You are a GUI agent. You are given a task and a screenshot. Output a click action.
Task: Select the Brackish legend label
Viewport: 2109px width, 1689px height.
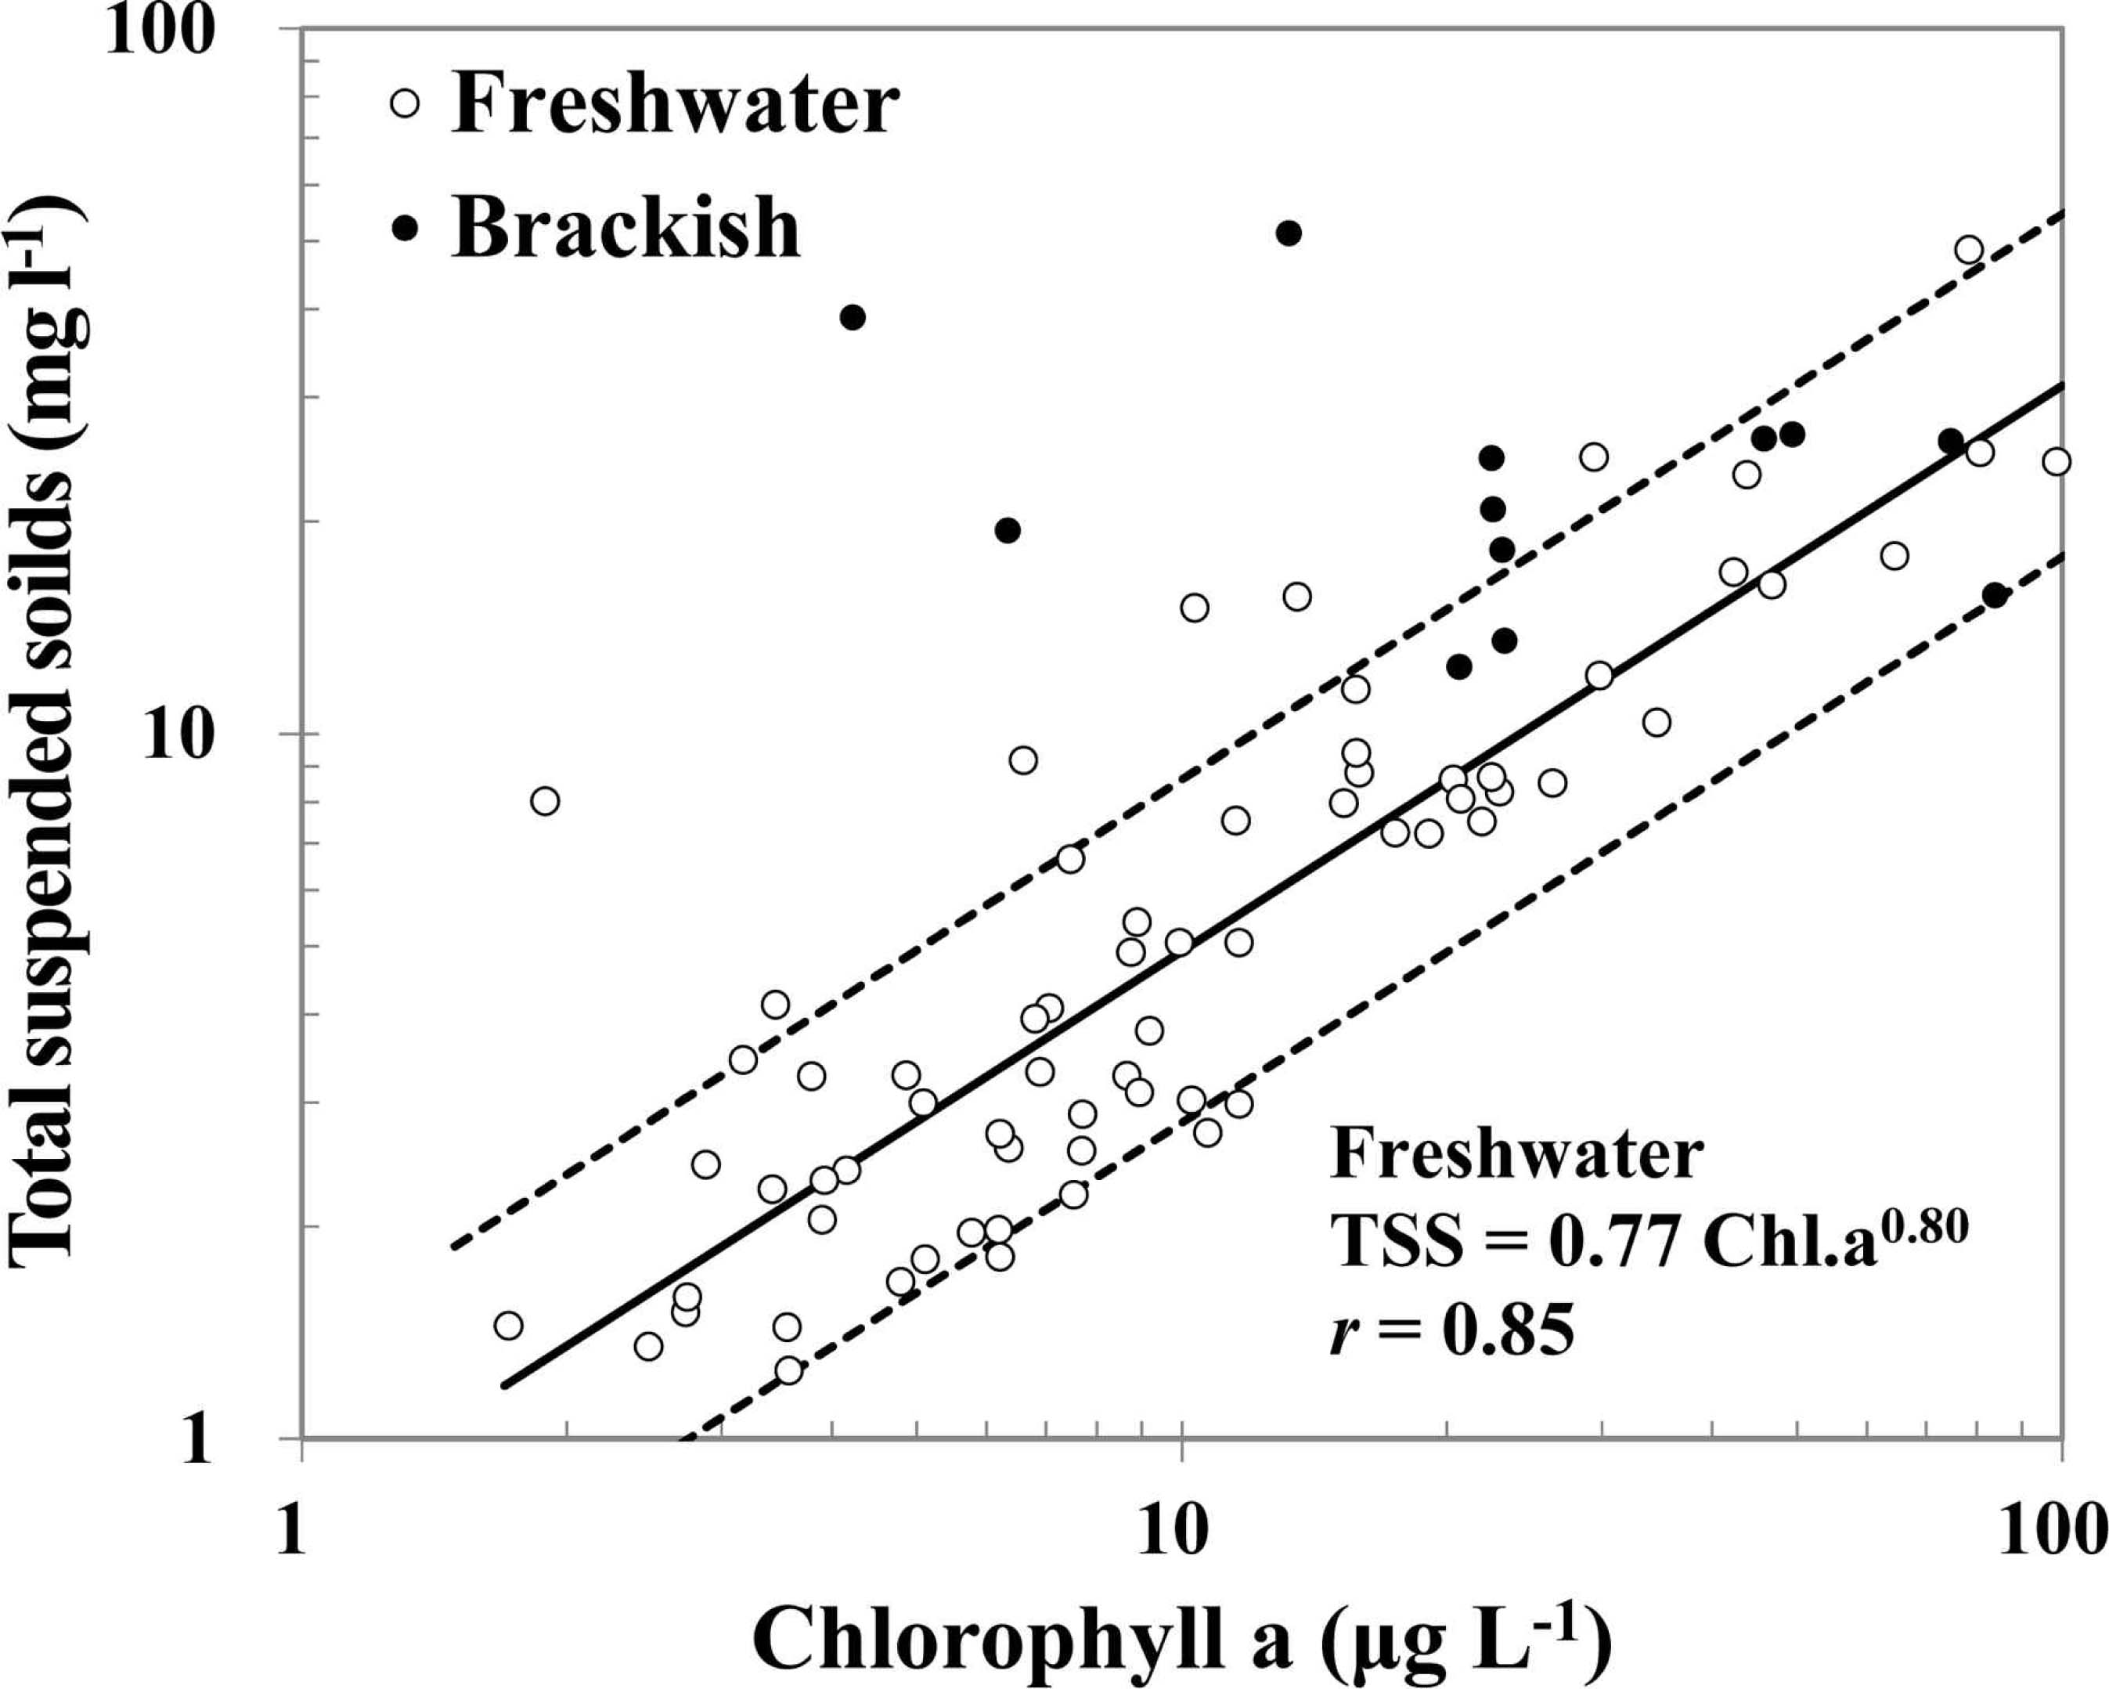coord(626,227)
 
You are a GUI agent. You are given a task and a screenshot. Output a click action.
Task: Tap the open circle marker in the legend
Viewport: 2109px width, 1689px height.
coord(404,103)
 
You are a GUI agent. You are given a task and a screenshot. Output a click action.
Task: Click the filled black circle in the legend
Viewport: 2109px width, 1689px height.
coord(404,227)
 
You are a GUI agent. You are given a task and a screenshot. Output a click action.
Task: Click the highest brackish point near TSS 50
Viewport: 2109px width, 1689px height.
coord(1289,233)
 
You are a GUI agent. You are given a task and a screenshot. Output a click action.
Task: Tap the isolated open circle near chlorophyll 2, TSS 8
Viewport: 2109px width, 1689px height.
coord(545,800)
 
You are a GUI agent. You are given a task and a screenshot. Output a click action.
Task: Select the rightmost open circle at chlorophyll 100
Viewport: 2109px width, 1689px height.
coord(2057,462)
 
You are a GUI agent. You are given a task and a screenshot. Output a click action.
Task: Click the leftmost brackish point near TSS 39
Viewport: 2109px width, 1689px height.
coord(852,317)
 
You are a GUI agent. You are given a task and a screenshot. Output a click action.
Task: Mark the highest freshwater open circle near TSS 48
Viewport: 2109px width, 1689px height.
coord(1969,250)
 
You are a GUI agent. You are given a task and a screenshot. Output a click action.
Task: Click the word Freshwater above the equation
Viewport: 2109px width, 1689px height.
coord(1516,1157)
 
